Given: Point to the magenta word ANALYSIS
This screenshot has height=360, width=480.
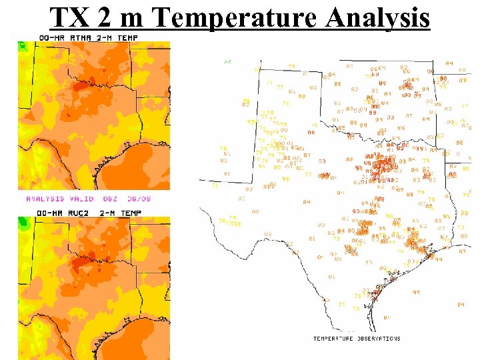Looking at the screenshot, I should point(45,199).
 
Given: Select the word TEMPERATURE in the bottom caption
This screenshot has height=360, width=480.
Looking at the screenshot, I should point(333,339).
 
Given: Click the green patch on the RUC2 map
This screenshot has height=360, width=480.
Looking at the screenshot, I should point(24,222).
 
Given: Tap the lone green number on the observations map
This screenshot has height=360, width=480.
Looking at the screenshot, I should point(227,61).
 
